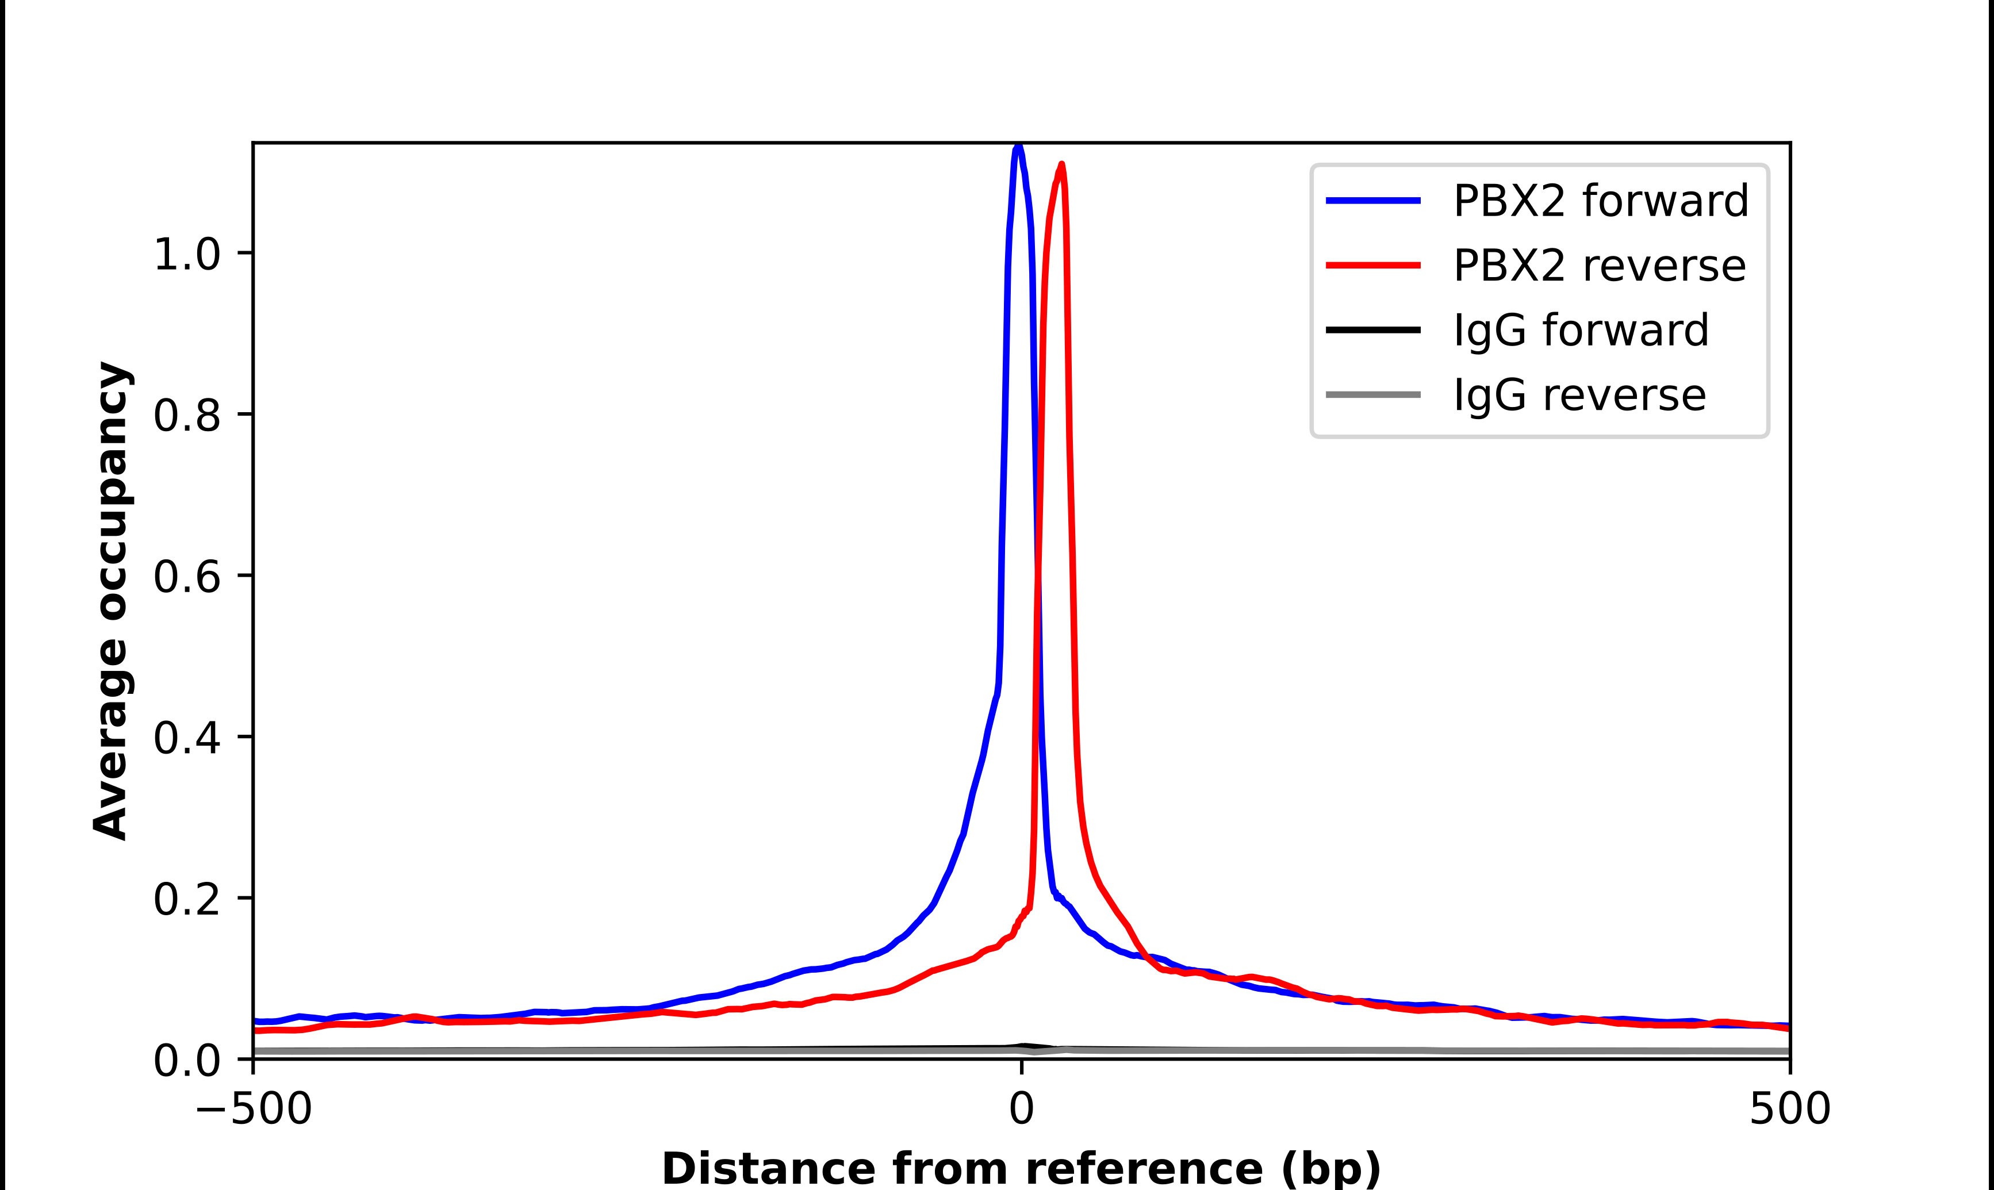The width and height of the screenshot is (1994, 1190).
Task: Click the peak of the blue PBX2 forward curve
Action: coord(1018,147)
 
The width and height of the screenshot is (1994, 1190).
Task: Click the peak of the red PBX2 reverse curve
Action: coord(1061,164)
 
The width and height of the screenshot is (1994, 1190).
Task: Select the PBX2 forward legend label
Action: coord(1600,201)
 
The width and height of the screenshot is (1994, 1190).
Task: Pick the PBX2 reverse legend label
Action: coord(1599,266)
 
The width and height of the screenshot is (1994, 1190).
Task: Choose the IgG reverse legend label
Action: coord(1579,396)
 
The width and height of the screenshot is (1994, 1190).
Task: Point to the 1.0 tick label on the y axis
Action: coord(186,255)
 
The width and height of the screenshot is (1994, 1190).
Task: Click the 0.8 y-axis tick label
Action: coord(186,416)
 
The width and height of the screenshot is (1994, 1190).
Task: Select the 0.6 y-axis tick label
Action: coord(186,577)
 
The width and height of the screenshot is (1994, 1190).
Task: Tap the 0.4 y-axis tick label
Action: coord(186,739)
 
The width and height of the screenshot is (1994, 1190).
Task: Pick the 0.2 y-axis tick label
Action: coord(186,900)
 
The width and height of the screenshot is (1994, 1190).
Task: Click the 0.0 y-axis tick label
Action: coord(186,1061)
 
